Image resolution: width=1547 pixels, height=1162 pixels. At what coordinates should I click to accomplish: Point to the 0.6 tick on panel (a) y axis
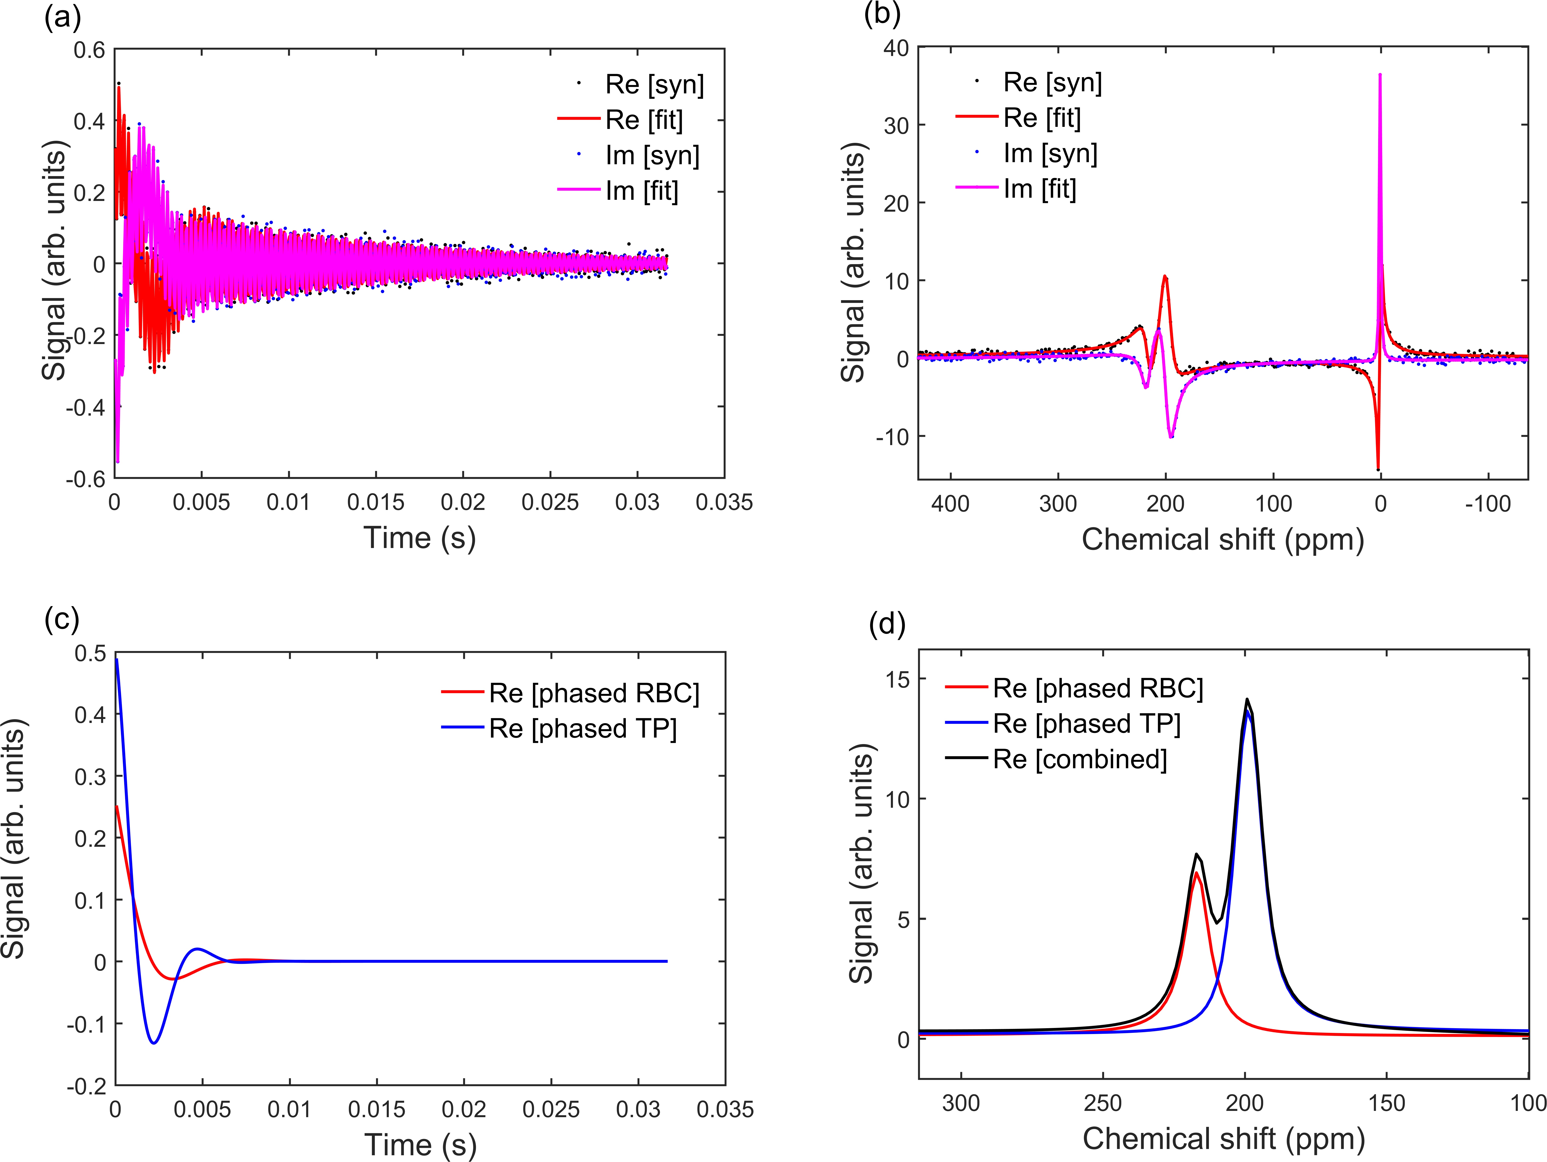tap(90, 50)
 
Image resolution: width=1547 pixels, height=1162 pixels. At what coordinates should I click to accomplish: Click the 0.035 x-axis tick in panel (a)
tap(724, 502)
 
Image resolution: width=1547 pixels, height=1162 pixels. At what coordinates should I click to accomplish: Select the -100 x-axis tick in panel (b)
tap(1488, 504)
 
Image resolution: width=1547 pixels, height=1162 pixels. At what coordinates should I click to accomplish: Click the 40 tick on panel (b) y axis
tap(896, 48)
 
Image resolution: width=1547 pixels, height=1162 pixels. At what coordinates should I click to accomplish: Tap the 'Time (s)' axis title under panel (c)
tap(420, 1145)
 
